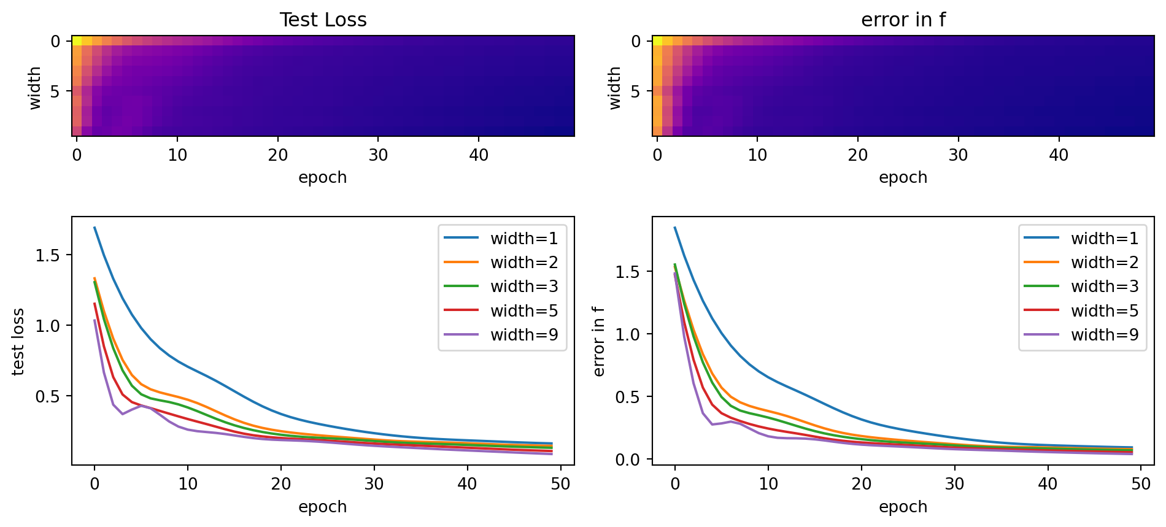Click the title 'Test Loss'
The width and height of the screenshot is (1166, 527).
323,20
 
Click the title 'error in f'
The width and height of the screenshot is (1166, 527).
903,20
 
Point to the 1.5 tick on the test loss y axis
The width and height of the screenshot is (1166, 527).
47,255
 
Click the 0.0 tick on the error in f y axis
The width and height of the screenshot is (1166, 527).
628,460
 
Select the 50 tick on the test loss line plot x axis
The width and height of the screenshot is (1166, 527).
560,484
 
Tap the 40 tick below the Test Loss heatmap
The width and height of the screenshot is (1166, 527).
479,155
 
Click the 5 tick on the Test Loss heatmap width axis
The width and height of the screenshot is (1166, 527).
55,91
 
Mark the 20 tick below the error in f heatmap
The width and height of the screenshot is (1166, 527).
858,155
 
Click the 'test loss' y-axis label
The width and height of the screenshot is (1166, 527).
18,341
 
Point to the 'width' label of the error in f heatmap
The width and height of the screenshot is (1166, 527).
615,88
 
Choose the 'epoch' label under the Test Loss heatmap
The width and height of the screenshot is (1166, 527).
323,178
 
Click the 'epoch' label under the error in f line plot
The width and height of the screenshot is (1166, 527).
903,507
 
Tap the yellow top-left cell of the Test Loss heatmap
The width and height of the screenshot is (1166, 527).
77,41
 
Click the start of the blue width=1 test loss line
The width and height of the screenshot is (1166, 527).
95,228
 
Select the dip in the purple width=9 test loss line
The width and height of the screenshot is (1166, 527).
123,414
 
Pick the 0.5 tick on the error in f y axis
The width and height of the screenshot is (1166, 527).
628,397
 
